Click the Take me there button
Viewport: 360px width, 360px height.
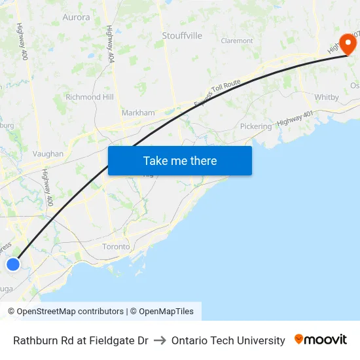180,160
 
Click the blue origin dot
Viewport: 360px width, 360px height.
13,264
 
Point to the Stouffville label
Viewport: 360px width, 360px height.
182,35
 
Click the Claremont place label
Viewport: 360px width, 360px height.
237,41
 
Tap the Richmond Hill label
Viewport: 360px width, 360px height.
89,97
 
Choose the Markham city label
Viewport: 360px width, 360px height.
138,113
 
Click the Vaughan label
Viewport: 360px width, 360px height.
48,154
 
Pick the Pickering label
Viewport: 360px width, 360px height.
255,126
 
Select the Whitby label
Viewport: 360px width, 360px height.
327,97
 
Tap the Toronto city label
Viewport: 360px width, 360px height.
116,247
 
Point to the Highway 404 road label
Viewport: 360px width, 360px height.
110,44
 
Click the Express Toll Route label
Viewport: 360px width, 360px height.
218,93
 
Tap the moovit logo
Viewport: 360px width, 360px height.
321,340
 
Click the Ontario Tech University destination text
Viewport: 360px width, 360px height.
228,340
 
